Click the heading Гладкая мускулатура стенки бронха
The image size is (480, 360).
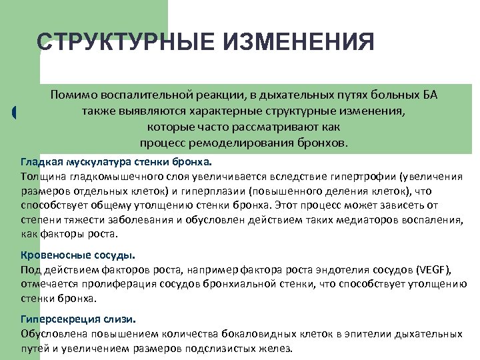click(115, 162)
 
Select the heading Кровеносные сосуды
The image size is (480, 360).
click(78, 255)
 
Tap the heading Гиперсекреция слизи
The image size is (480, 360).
click(79, 319)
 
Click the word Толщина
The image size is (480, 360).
click(41, 176)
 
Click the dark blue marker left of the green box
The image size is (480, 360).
click(15, 113)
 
